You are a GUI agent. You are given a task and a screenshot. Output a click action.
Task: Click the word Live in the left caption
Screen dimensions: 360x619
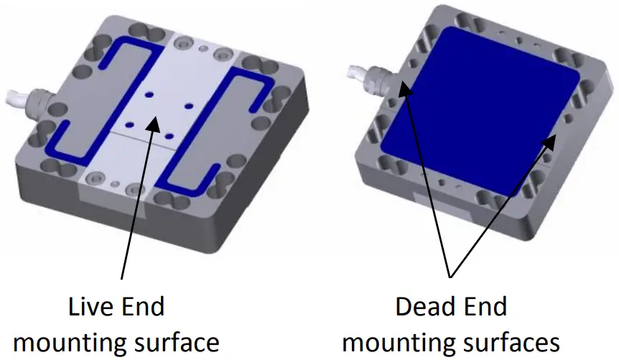point(90,308)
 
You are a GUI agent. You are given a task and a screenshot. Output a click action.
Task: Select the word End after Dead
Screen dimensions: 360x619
point(483,308)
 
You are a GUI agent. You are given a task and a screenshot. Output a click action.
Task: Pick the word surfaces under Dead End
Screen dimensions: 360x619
point(512,342)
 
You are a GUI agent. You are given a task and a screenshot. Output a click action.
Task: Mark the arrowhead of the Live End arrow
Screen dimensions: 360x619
point(153,123)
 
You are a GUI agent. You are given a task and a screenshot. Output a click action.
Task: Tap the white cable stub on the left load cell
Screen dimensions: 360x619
point(10,99)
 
